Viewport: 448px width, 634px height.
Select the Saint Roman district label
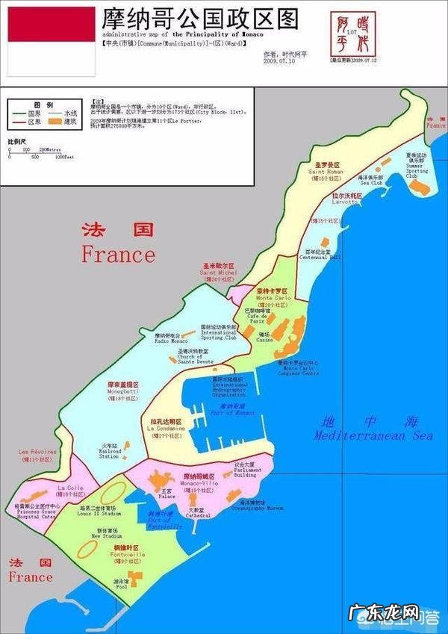pos(326,169)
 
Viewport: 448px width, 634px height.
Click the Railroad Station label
pos(109,452)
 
